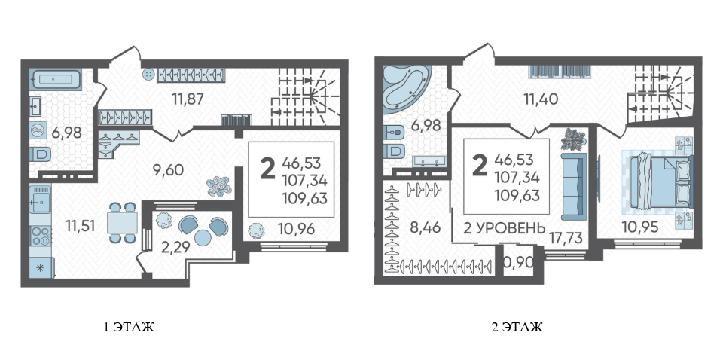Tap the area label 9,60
168,170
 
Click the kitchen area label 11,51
81,226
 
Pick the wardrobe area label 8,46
426,227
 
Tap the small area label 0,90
518,262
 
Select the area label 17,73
566,238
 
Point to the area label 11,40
541,98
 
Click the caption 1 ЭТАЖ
129,328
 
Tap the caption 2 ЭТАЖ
517,328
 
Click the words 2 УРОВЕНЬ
505,227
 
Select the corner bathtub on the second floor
405,87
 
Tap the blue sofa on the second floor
574,188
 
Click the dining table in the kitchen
123,223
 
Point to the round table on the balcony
203,237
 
